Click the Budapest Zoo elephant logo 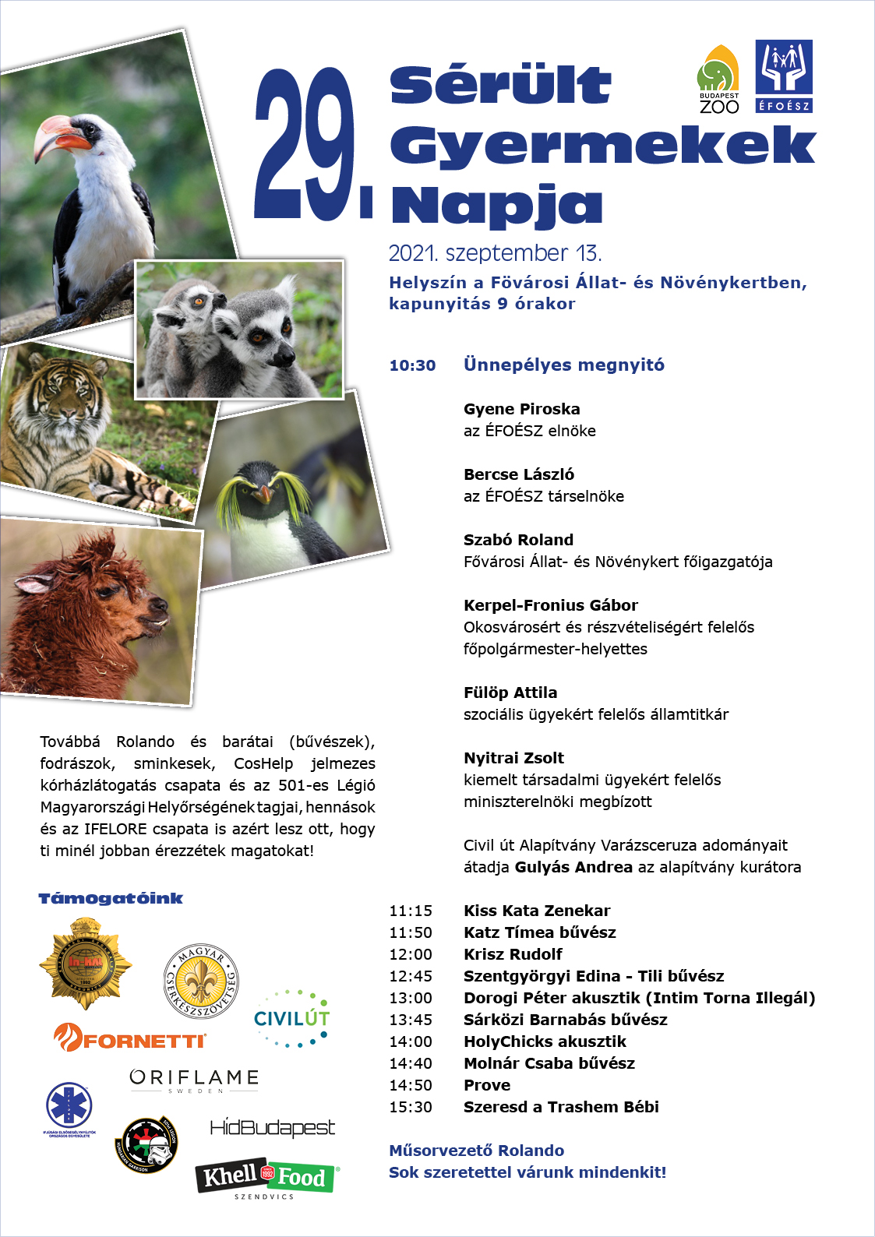click(x=718, y=79)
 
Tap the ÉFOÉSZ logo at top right click(x=784, y=76)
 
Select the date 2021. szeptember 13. click(x=495, y=253)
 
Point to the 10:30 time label click(x=412, y=365)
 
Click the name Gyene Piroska click(x=521, y=409)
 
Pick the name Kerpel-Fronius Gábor click(x=550, y=605)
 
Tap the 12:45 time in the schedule click(x=411, y=976)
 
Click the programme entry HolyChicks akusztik click(x=545, y=1041)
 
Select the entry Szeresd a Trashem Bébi click(x=561, y=1107)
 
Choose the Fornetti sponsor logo click(x=130, y=1038)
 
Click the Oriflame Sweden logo click(x=194, y=1080)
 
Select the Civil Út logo click(x=291, y=1018)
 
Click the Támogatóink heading click(x=111, y=898)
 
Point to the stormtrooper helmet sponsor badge click(x=147, y=1144)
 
